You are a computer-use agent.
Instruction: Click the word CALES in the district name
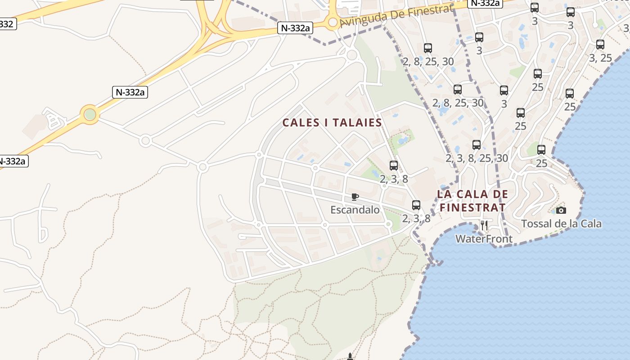click(x=300, y=122)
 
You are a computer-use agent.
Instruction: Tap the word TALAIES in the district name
click(x=356, y=122)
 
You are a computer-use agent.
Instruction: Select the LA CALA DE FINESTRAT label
click(x=472, y=201)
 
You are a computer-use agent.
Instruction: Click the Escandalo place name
click(x=355, y=210)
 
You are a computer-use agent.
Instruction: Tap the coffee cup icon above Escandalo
click(x=355, y=197)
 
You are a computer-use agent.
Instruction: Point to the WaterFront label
click(x=484, y=239)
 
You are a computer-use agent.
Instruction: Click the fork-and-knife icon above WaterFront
click(x=484, y=225)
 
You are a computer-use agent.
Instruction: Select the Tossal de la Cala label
click(x=561, y=224)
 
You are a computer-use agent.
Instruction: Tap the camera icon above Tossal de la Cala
click(x=561, y=210)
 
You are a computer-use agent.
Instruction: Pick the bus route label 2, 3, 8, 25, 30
click(x=477, y=158)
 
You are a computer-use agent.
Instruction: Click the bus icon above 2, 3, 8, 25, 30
click(x=477, y=145)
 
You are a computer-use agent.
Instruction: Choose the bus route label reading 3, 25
click(x=600, y=58)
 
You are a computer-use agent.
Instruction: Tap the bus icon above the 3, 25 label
click(x=600, y=45)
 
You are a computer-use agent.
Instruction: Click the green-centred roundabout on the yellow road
click(x=90, y=114)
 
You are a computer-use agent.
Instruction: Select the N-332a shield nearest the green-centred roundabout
click(x=130, y=92)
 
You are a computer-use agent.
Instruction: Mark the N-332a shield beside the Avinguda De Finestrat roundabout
click(x=295, y=28)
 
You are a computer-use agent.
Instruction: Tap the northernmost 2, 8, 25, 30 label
click(x=428, y=62)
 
